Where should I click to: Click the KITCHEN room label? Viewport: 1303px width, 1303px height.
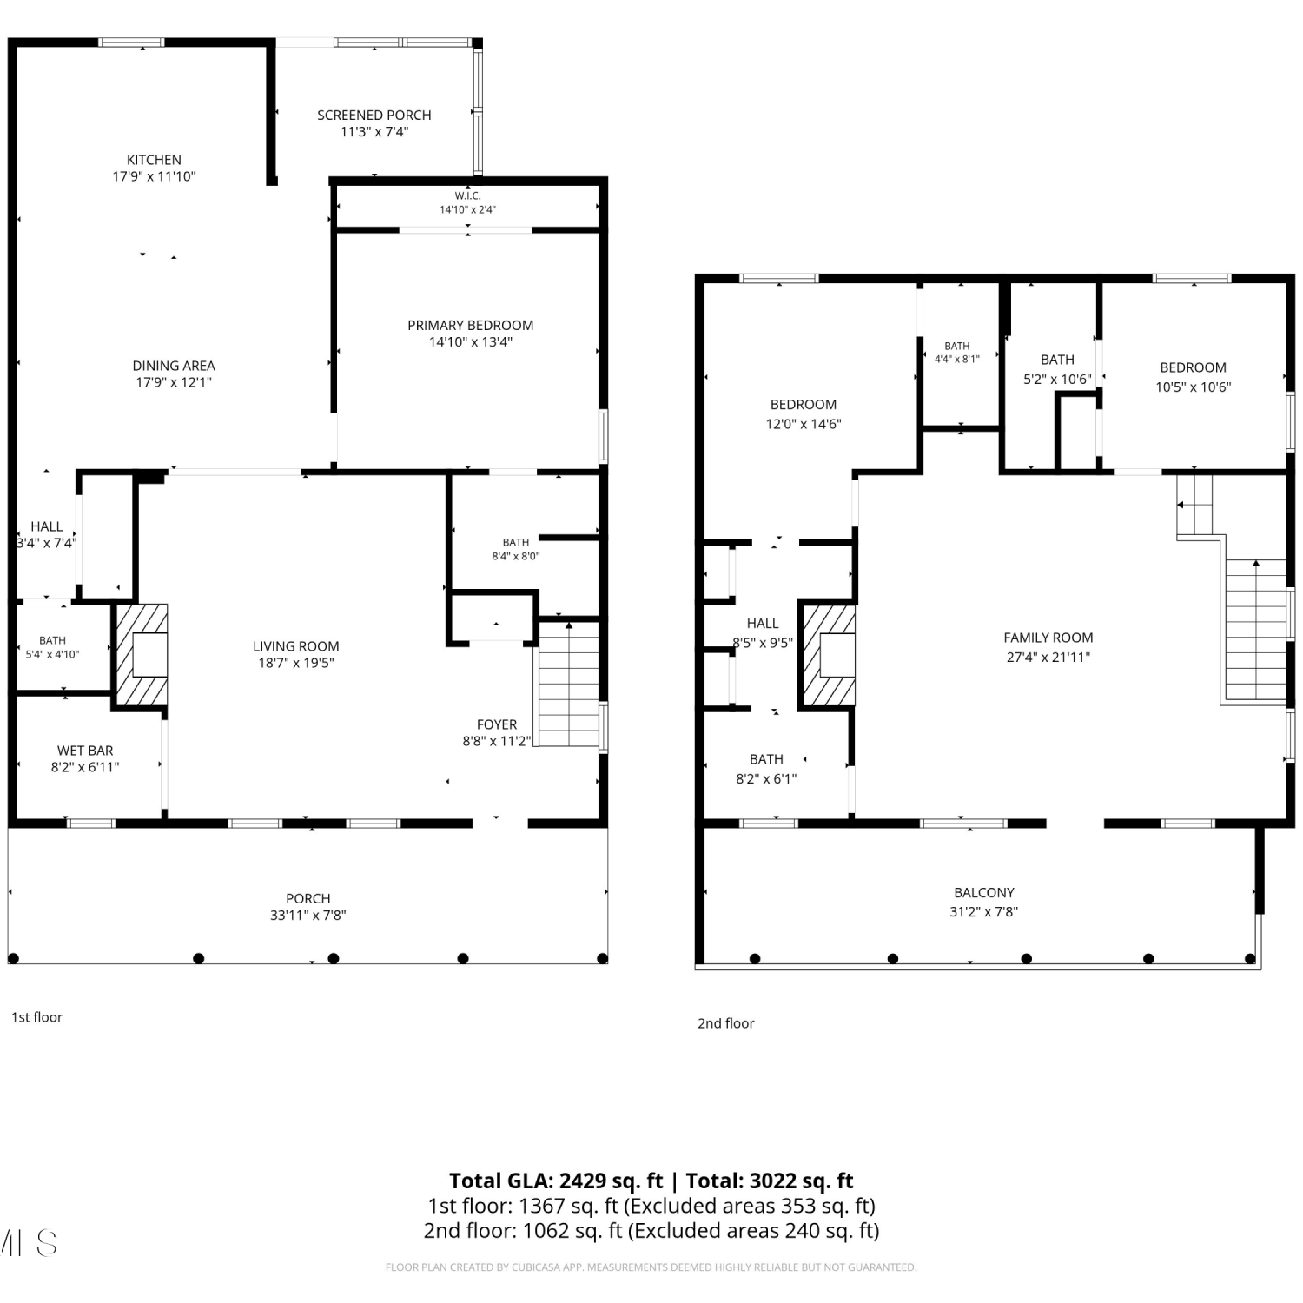click(154, 160)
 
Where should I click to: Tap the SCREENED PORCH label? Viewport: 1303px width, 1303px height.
click(374, 115)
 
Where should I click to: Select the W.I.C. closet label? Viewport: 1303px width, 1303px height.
click(467, 196)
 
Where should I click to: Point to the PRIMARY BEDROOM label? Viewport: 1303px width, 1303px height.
click(471, 325)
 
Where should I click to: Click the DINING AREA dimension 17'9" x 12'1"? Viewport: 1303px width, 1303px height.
click(174, 382)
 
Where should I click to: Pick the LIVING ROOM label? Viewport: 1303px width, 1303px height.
click(296, 646)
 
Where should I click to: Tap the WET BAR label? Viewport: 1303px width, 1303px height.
click(85, 751)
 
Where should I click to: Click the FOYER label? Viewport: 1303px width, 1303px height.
click(497, 724)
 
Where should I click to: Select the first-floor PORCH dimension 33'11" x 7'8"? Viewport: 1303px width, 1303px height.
click(308, 915)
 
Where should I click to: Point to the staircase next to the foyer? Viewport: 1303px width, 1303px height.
click(569, 684)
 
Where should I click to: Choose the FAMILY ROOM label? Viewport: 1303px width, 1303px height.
click(1048, 638)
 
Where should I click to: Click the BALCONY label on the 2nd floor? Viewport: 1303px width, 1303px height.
click(984, 892)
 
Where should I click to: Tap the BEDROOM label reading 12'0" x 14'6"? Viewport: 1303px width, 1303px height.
click(804, 405)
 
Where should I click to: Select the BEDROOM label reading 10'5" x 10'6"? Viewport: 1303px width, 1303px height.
click(1194, 367)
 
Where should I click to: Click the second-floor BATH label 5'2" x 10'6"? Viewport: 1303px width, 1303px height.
click(1057, 360)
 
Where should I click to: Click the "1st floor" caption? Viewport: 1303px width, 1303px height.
click(36, 1017)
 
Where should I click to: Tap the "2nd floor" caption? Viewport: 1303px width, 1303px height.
click(726, 1023)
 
